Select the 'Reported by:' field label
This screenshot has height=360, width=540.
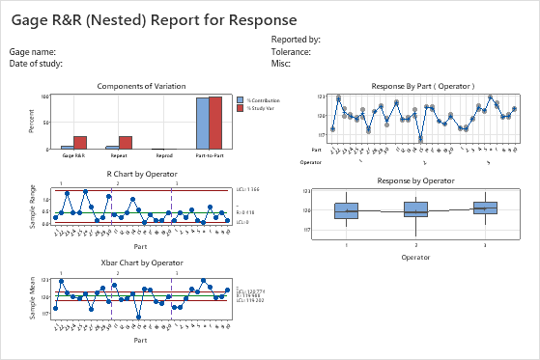click(296, 40)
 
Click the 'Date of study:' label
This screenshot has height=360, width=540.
click(36, 63)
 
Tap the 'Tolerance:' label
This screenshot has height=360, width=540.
click(292, 51)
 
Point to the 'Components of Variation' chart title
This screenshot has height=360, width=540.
click(140, 85)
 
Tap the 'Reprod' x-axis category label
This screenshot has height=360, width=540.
click(164, 154)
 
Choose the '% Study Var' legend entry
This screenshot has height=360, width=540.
click(258, 108)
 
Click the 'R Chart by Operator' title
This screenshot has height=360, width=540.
click(141, 174)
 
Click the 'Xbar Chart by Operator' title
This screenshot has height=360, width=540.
click(141, 262)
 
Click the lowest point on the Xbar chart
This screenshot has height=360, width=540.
click(139, 317)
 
